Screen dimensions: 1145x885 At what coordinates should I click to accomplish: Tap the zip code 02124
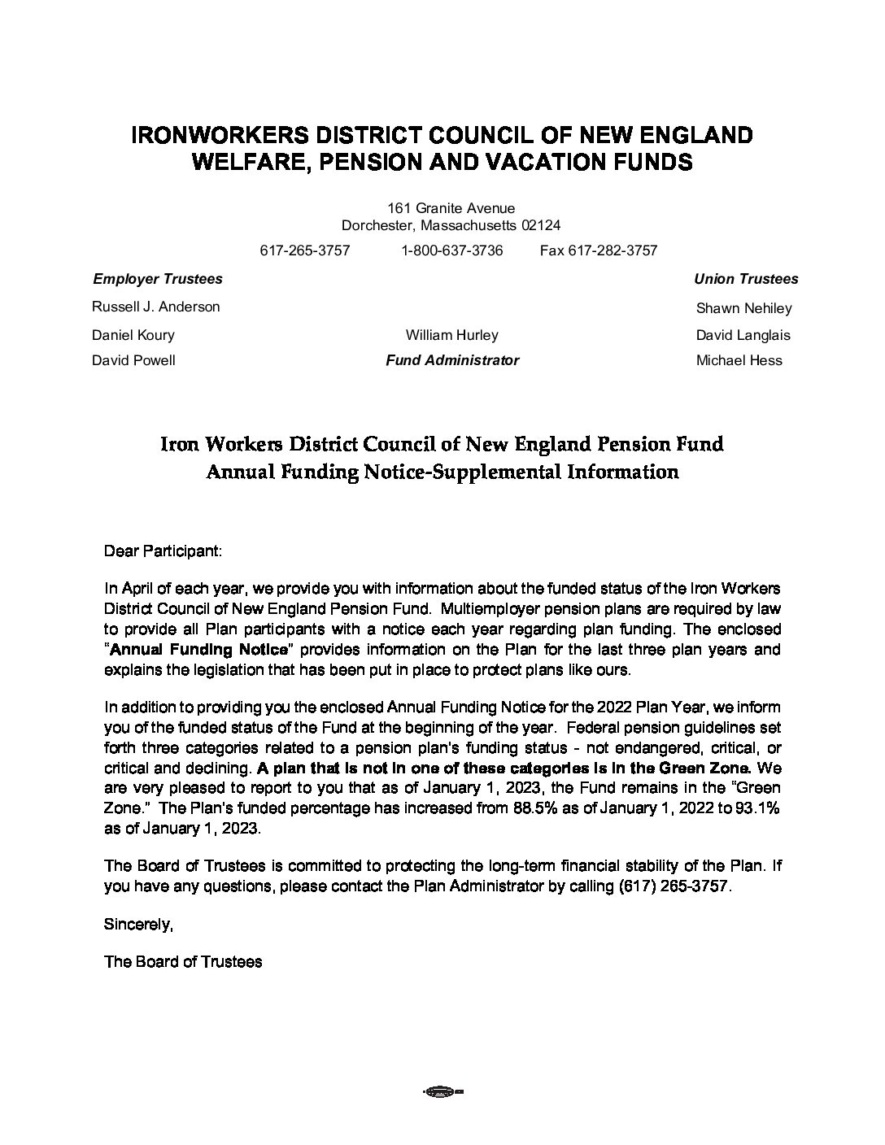click(541, 225)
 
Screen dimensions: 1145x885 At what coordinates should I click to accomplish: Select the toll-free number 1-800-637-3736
click(451, 250)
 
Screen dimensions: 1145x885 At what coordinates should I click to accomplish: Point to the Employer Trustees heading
click(157, 279)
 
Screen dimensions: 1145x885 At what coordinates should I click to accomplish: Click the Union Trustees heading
click(745, 279)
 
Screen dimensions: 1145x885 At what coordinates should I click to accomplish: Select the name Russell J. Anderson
click(155, 307)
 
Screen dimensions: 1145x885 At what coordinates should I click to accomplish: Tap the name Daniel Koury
click(133, 335)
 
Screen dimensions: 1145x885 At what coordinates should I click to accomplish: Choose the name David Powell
click(133, 360)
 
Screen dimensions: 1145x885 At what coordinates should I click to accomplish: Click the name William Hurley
click(451, 335)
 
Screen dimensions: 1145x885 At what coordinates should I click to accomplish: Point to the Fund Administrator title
click(451, 360)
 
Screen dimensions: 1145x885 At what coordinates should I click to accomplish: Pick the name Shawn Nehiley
click(743, 308)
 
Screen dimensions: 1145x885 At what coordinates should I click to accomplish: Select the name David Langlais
click(743, 335)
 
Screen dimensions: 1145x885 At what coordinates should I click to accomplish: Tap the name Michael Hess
click(739, 360)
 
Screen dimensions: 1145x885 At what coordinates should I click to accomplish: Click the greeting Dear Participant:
click(163, 551)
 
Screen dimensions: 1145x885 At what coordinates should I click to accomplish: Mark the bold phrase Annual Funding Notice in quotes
click(198, 650)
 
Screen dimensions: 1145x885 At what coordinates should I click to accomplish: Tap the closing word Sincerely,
click(138, 924)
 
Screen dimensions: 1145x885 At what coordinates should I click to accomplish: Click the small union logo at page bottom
click(442, 1091)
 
